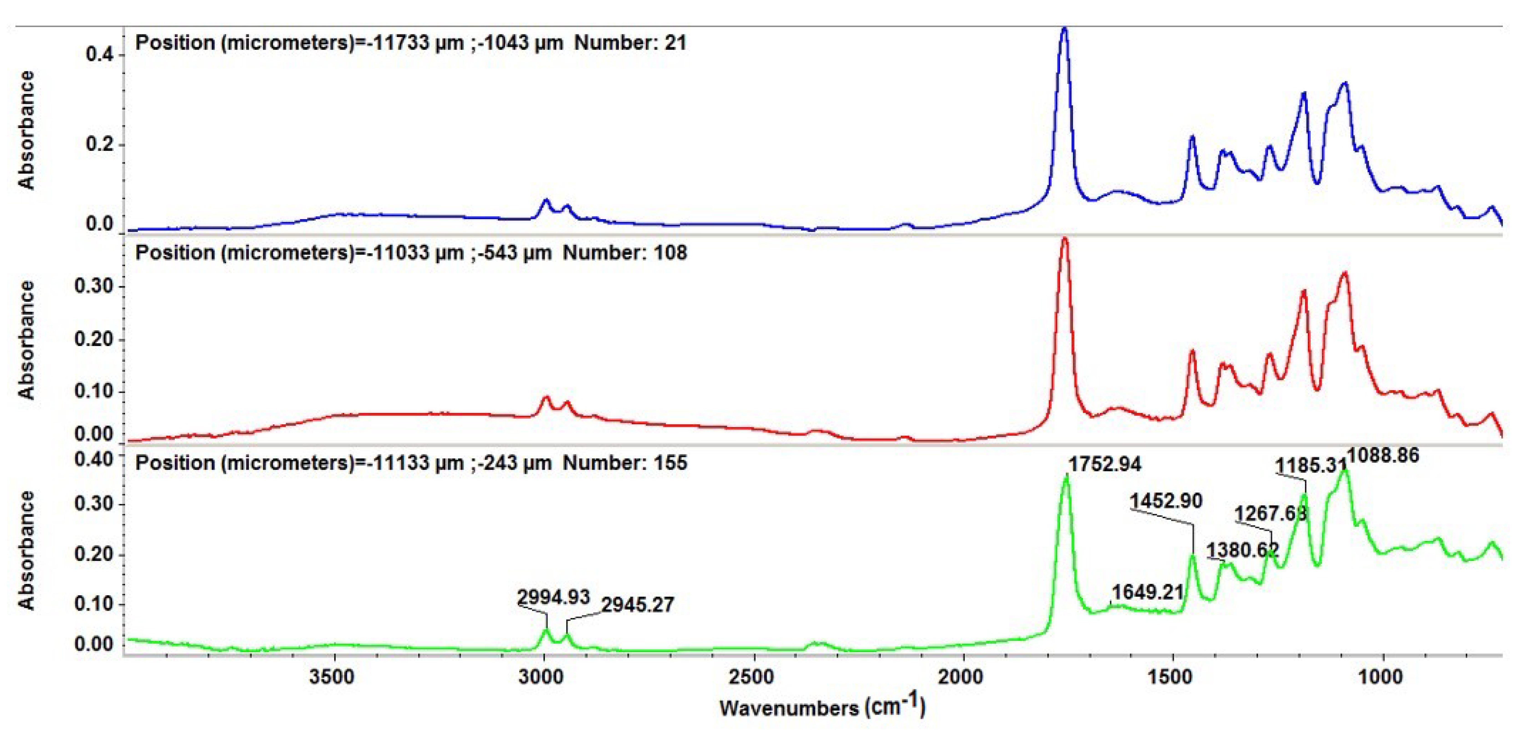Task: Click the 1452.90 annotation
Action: tap(1166, 501)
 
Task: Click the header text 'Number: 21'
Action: tap(630, 43)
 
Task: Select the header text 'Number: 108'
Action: tap(625, 253)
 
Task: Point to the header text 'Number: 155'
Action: tap(625, 463)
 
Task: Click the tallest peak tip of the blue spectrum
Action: tap(1064, 28)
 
